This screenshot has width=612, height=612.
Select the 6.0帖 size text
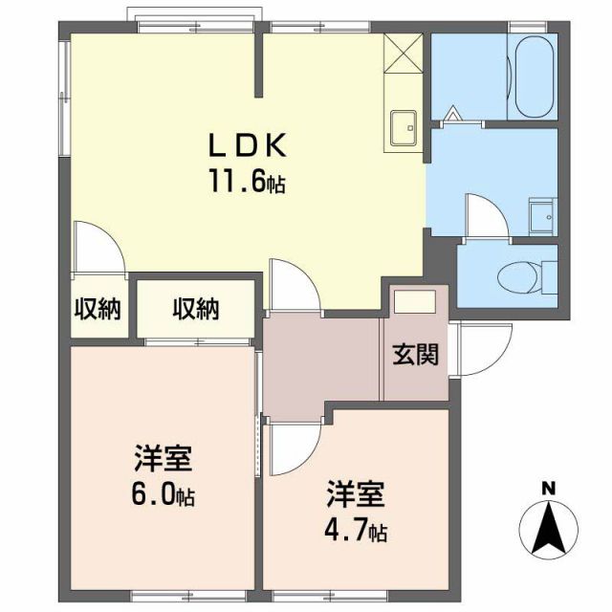click(163, 497)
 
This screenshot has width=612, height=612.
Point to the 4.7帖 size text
click(356, 528)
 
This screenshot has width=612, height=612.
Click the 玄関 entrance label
click(415, 355)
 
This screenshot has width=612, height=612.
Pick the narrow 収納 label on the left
click(98, 309)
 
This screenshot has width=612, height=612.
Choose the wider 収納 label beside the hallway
click(196, 309)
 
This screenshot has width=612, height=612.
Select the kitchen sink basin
click(404, 125)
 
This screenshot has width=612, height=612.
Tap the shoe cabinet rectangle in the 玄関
click(415, 300)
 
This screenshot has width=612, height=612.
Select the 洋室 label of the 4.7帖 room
click(356, 494)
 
